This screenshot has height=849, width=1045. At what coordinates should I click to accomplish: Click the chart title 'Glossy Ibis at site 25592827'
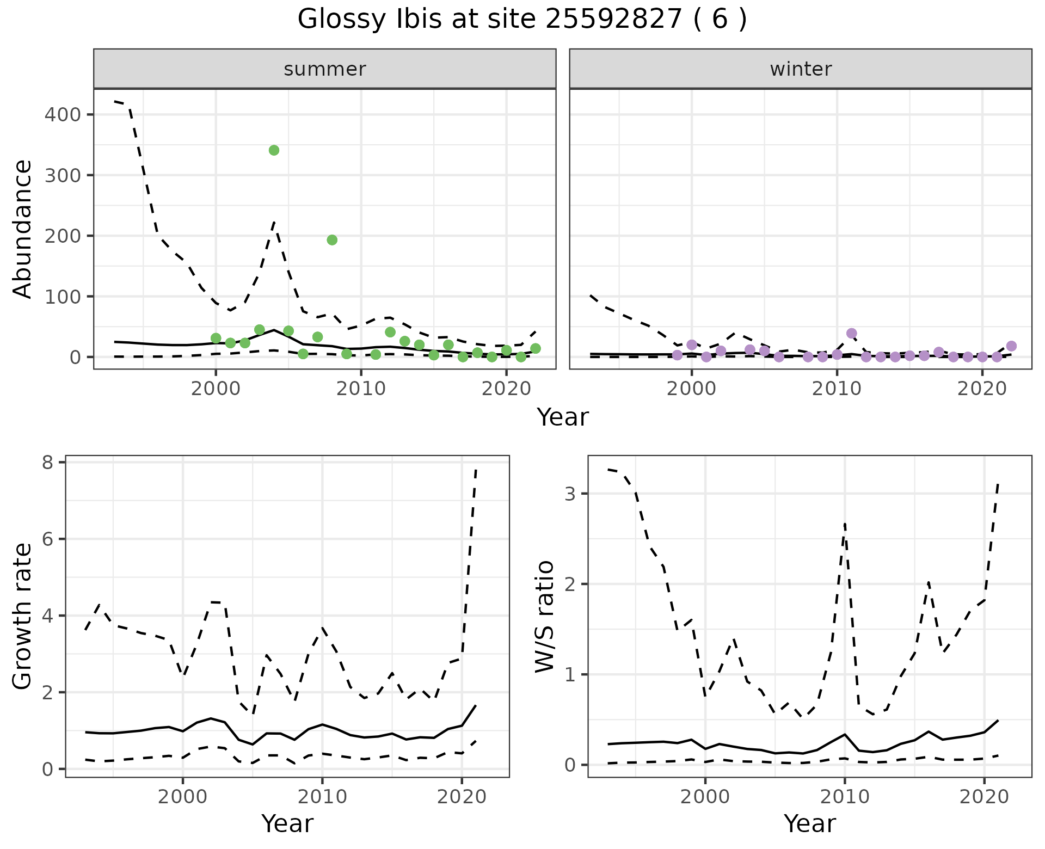point(521,20)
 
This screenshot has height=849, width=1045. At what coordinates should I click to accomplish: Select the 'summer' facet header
point(324,69)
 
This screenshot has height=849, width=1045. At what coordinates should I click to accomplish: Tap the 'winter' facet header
point(800,69)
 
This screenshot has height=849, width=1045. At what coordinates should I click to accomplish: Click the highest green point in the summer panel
point(274,150)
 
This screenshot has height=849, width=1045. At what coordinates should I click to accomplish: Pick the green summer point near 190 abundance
point(332,240)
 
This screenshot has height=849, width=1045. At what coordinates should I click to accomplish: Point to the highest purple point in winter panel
point(852,333)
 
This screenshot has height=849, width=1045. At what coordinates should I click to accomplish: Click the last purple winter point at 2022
point(1011,346)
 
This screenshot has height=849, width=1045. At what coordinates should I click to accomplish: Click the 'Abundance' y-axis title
point(23,229)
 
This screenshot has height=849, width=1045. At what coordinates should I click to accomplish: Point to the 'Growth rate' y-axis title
point(23,617)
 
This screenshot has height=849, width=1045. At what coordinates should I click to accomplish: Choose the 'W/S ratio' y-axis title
point(544,617)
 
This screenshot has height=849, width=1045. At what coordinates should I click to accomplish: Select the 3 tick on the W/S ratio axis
point(569,494)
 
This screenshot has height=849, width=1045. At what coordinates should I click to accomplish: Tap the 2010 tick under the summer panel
point(361,389)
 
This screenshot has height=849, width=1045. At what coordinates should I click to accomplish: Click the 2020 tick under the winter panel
point(982,389)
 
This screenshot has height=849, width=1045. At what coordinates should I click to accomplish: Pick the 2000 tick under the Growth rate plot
point(183,797)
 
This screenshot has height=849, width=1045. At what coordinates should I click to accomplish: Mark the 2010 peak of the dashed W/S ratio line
point(844,524)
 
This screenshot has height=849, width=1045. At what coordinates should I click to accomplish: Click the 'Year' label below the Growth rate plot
point(287,823)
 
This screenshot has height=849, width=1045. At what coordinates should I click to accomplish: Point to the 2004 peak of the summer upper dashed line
point(274,222)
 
